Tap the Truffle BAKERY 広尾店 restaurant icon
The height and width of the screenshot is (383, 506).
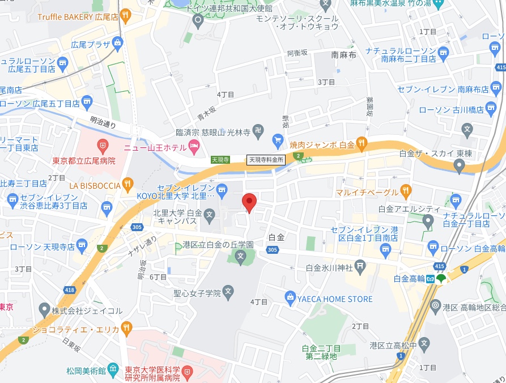coord(127,16)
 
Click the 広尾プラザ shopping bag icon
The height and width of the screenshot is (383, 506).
coord(117,42)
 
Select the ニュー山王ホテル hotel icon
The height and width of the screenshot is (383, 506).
coord(194,147)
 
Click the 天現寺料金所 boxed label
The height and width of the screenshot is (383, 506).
coord(266,160)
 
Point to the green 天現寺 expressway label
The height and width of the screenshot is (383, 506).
coord(220,160)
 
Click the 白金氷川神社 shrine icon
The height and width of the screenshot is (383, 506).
coord(361,267)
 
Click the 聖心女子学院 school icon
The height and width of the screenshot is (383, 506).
coord(228,293)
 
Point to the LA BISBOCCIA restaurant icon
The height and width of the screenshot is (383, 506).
coord(127,184)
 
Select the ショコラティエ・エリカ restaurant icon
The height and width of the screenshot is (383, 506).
coord(127,328)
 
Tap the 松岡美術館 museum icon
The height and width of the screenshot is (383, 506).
coord(113,370)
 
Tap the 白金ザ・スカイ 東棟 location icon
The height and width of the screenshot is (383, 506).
coord(460,166)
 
